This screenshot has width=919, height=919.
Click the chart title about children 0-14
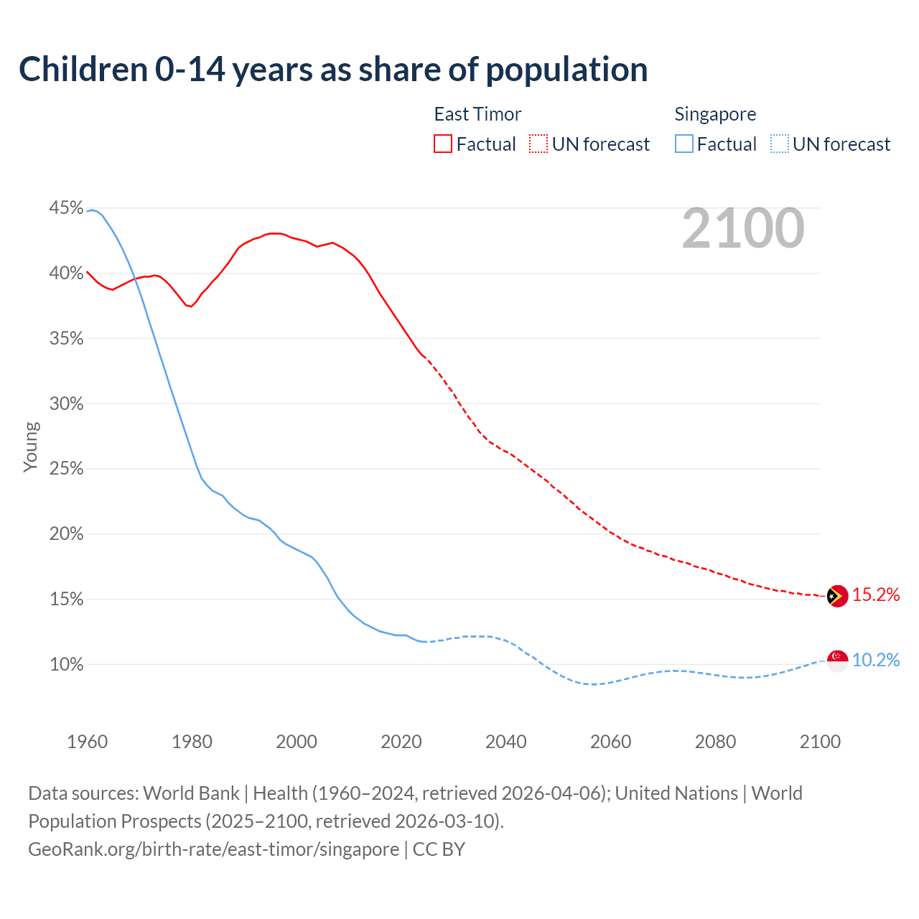(333, 70)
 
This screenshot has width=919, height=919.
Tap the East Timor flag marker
(837, 596)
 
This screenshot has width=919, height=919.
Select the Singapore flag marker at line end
(837, 661)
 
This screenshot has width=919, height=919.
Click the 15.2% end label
(875, 594)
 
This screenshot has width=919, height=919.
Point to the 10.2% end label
(875, 660)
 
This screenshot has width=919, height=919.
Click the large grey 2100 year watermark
(743, 228)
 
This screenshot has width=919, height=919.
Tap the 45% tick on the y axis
(66, 208)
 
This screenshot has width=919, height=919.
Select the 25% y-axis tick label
(66, 469)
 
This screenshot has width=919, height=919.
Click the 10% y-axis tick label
(66, 664)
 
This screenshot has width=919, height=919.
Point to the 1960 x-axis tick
(87, 742)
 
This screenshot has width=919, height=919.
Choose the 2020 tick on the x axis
(401, 742)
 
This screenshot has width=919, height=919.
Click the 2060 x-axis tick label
(610, 742)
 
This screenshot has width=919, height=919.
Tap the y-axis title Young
(31, 447)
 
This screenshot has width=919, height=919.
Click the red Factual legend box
(443, 144)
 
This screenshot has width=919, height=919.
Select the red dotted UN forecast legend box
(538, 144)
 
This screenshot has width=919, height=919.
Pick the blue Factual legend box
(684, 144)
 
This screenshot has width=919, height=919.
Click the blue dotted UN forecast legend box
(779, 144)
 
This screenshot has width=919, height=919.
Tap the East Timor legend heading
(477, 114)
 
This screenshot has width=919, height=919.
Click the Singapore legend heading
(715, 114)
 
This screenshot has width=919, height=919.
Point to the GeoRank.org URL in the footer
(213, 849)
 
